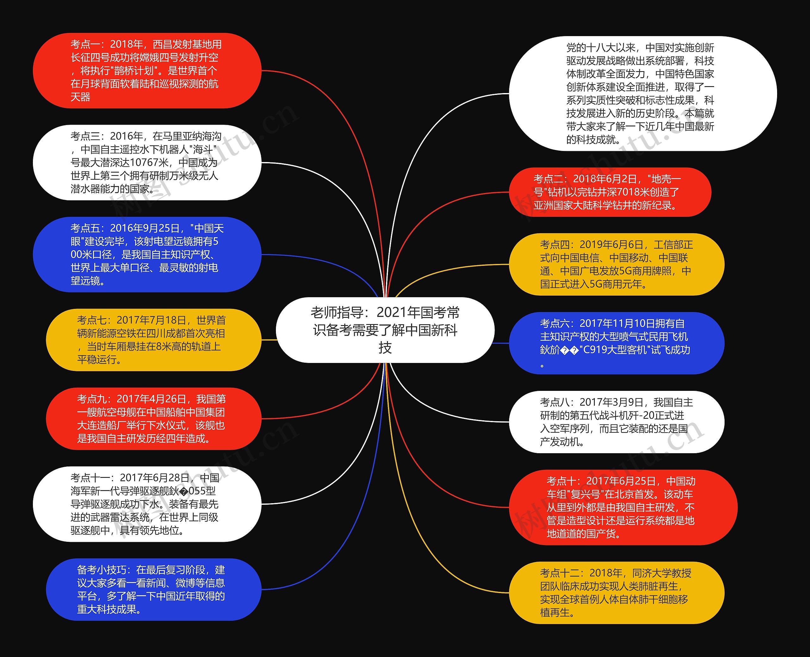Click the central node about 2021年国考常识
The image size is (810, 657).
click(385, 330)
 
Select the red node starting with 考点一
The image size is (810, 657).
click(147, 70)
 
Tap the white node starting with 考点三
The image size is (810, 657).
click(147, 162)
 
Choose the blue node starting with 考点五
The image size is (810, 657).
click(147, 254)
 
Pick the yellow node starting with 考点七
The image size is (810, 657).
click(153, 340)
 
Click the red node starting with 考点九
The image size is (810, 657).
click(153, 419)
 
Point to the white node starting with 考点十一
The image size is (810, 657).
click(147, 504)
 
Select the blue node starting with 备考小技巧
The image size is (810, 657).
click(153, 589)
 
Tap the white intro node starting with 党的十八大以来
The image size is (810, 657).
click(642, 93)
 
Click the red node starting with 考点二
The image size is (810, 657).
click(610, 192)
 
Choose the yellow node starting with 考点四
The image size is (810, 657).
click(616, 264)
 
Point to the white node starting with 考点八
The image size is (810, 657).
click(616, 422)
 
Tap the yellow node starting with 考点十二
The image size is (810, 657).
click(616, 592)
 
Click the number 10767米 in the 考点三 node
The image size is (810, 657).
click(149, 163)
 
